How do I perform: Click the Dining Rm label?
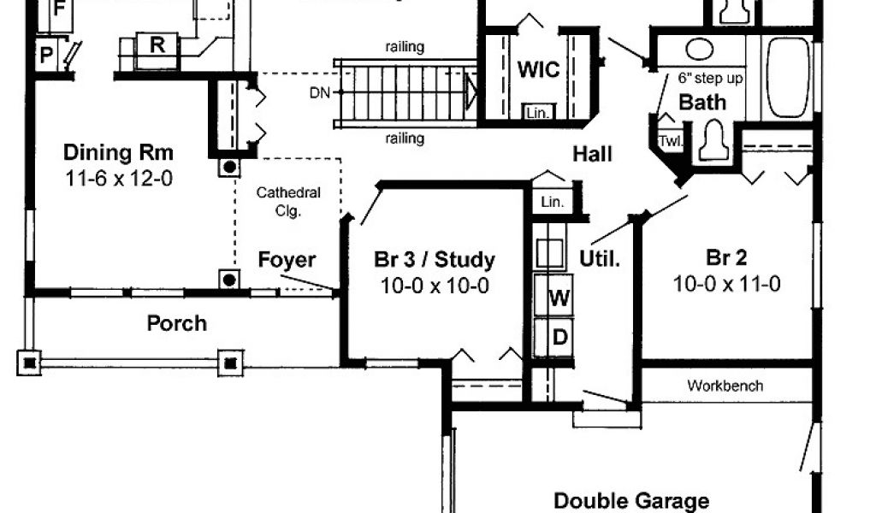[x=119, y=154]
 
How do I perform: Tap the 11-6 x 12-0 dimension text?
[x=119, y=180]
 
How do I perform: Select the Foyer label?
[x=287, y=260]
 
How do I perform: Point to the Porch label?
[x=177, y=323]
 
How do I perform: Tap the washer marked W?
[x=559, y=298]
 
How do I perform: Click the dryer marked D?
[x=559, y=337]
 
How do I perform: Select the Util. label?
[x=600, y=257]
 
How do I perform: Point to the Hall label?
[x=593, y=154]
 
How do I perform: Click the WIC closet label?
[x=539, y=68]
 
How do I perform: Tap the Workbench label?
[x=725, y=386]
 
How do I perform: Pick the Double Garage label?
[x=631, y=500]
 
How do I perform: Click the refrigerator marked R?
[x=157, y=45]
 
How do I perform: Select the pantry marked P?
[x=45, y=56]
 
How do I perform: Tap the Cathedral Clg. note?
[x=288, y=201]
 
